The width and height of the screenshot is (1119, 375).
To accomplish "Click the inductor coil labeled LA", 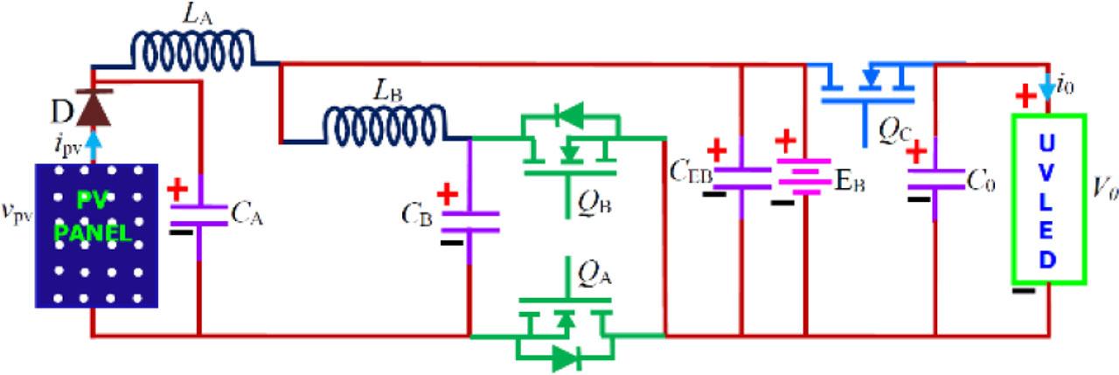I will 193,49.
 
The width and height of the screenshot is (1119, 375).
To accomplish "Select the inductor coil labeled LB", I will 386,124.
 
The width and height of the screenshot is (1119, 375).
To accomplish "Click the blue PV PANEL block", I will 96,235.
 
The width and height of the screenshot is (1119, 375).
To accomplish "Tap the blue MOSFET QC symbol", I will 867,87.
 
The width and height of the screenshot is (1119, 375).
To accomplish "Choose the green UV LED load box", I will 1049,199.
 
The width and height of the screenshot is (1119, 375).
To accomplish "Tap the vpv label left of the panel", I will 17,214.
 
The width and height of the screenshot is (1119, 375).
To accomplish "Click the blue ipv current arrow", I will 92,151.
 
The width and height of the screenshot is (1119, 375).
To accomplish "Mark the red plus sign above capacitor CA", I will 177,190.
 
